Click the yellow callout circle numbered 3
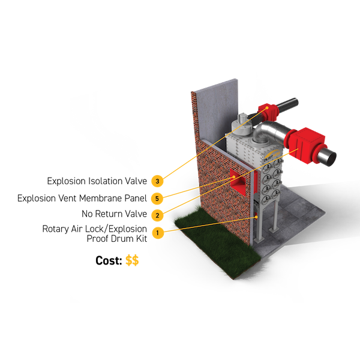coord(157,181)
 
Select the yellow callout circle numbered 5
coord(157,198)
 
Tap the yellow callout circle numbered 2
coord(157,215)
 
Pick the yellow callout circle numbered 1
coord(157,232)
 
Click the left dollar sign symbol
coord(128,260)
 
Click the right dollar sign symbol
coord(136,260)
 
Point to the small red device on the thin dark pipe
coord(268,110)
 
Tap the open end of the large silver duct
coord(330,157)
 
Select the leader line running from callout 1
coord(210,224)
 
